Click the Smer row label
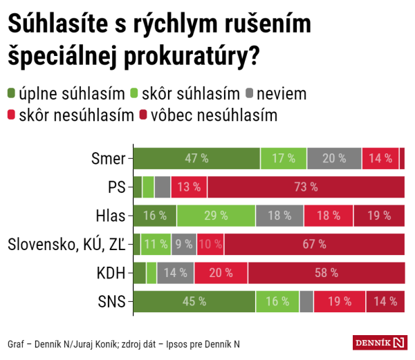[108, 158]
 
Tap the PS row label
[116, 187]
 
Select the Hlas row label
[111, 216]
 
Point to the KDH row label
[111, 273]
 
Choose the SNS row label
[112, 301]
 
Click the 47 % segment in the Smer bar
[196, 158]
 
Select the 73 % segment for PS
[306, 187]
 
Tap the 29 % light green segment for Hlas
[216, 216]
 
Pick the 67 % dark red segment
[314, 244]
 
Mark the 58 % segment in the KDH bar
[326, 273]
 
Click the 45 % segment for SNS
[194, 301]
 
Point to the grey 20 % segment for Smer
[334, 158]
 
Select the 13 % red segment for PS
[189, 187]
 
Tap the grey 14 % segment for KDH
[176, 273]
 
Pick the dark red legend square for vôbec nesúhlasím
[147, 114]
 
